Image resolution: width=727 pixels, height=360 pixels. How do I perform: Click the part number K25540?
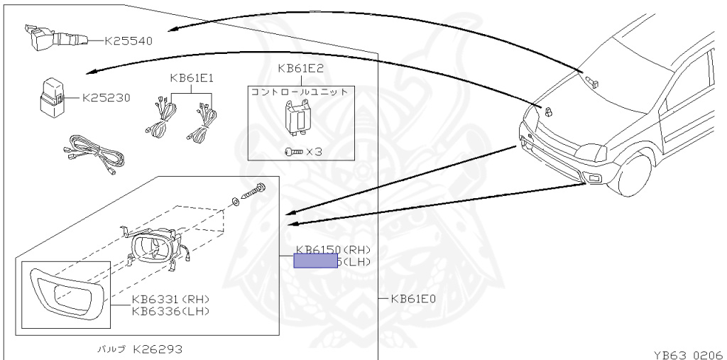[129, 40]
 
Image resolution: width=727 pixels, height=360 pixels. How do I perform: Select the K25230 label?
[106, 98]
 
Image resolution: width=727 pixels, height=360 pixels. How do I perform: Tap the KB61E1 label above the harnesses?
[192, 78]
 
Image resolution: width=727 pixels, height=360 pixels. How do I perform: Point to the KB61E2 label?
[301, 69]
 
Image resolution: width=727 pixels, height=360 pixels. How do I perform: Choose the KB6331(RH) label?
[170, 299]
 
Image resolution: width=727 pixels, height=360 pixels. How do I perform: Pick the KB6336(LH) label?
[170, 310]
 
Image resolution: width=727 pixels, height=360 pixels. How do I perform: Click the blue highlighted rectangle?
[316, 261]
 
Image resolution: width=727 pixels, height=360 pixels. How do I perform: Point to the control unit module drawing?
[298, 116]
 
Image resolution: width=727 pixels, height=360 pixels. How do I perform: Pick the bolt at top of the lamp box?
[256, 190]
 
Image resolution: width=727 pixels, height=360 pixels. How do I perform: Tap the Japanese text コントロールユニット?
[300, 92]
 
